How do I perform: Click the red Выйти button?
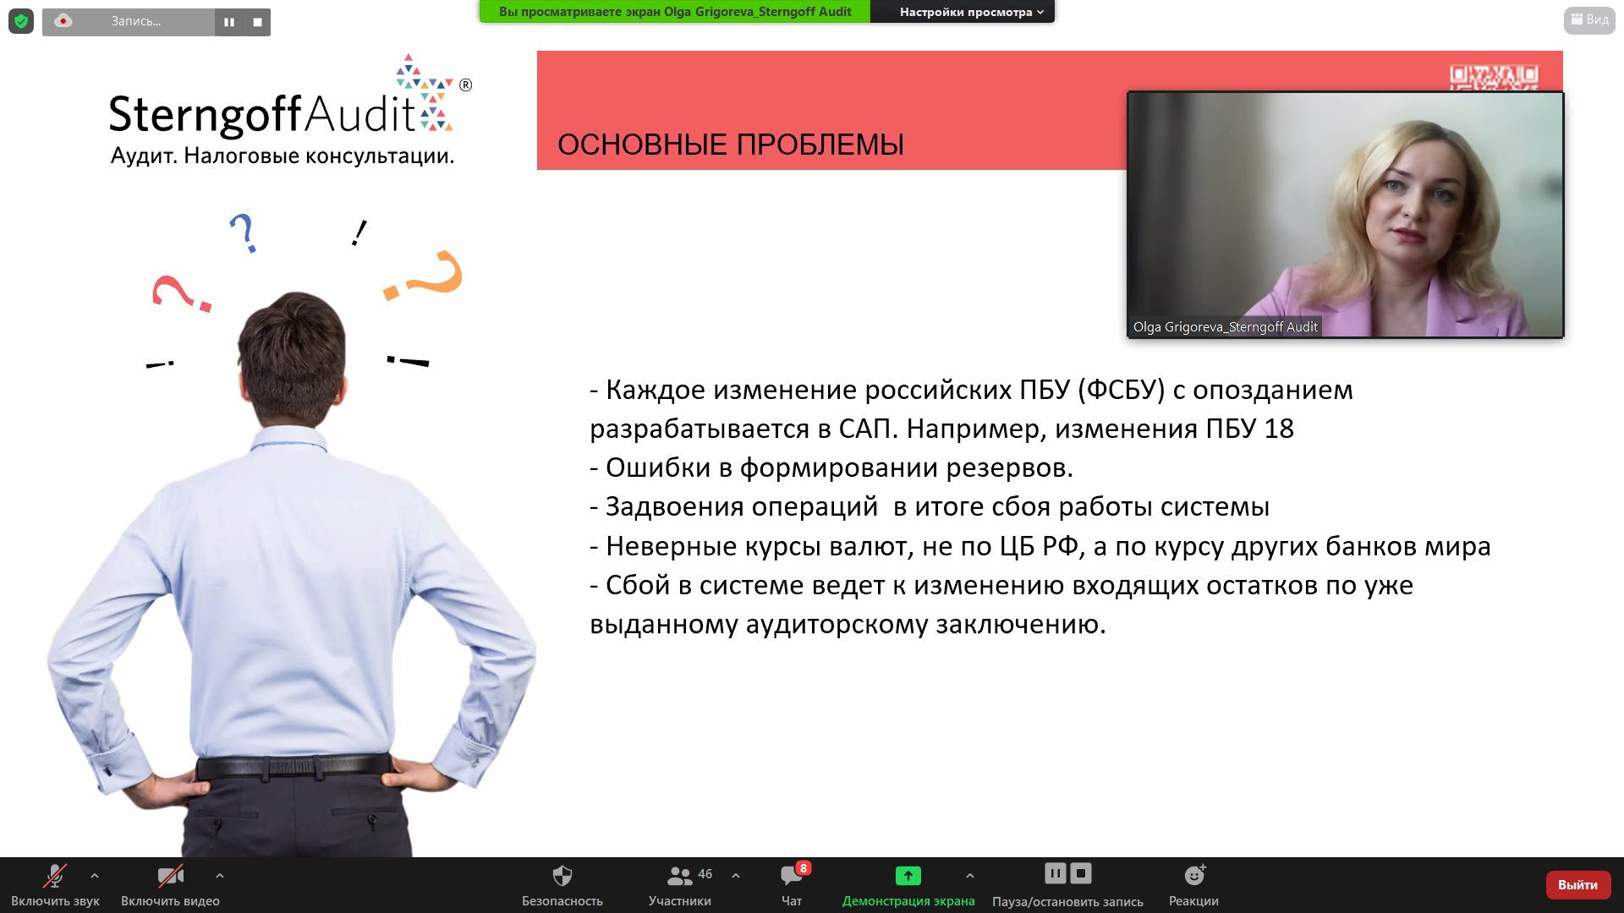point(1577,884)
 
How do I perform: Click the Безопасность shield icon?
point(562,875)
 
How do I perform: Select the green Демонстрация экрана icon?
point(908,876)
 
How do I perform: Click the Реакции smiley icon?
point(1194,875)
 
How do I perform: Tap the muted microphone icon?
point(55,875)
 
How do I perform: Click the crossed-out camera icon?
point(170,875)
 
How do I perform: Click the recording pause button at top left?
point(229,22)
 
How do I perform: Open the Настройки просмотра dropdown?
point(971,12)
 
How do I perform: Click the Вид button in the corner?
point(1589,19)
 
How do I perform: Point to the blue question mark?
point(243,232)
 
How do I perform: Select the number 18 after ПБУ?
point(1279,429)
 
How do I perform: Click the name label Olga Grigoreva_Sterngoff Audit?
point(1225,327)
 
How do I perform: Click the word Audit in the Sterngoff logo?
point(359,114)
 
